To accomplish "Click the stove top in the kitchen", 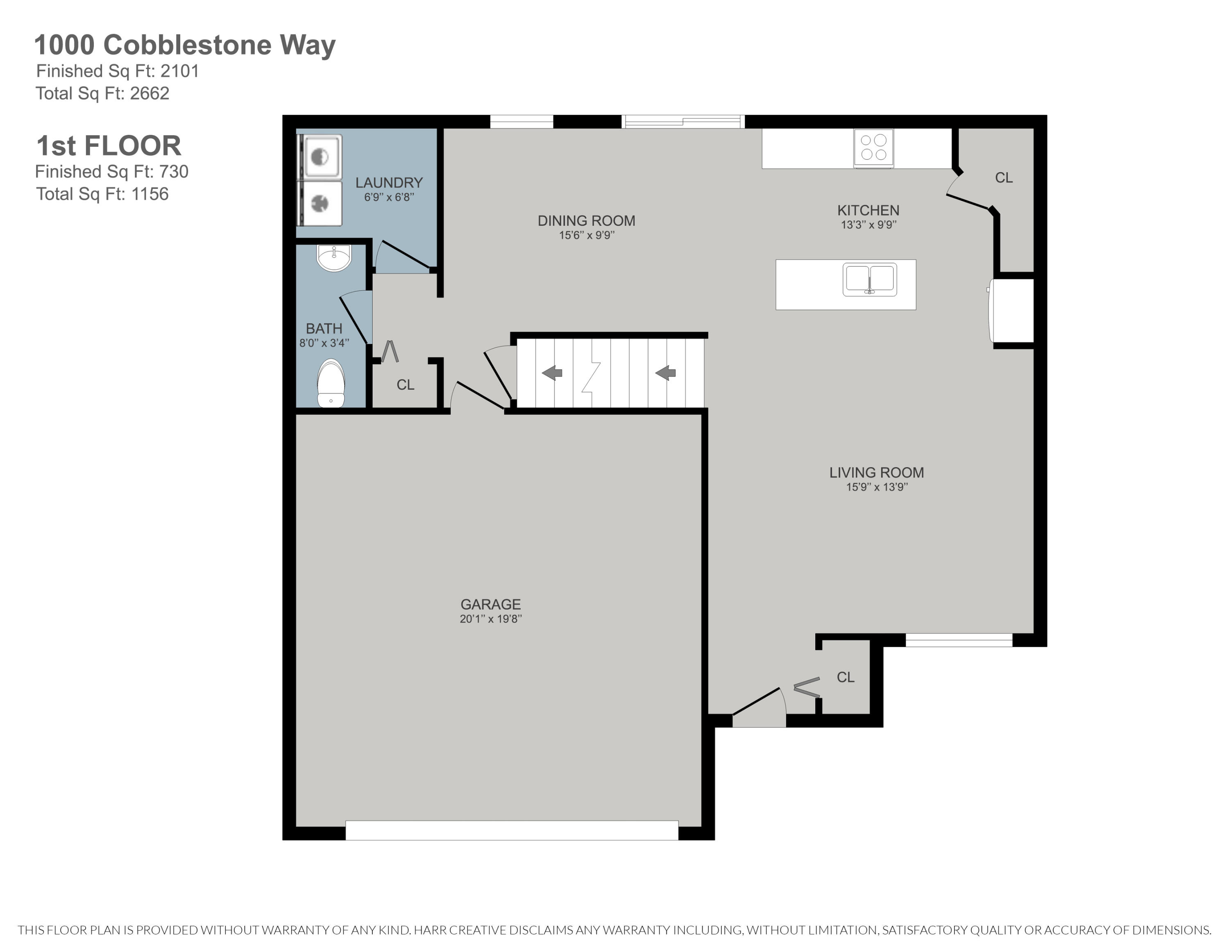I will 873,148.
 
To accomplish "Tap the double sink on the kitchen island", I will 869,279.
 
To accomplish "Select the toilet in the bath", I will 331,383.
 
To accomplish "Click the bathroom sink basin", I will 334,258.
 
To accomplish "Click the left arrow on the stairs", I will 552,373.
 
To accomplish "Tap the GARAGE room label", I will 490,605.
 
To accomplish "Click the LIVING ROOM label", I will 876,473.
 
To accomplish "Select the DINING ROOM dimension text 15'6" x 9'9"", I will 586,235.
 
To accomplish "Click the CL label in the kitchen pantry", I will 1003,178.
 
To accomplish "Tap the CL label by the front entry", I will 845,677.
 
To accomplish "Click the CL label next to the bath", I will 405,385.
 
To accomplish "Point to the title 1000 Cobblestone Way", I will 185,45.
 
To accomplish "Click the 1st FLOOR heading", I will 109,146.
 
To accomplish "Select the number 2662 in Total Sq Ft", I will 150,93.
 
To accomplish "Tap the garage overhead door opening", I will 512,830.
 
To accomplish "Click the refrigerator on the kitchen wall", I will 1012,311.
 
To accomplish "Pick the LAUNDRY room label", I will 389,183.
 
